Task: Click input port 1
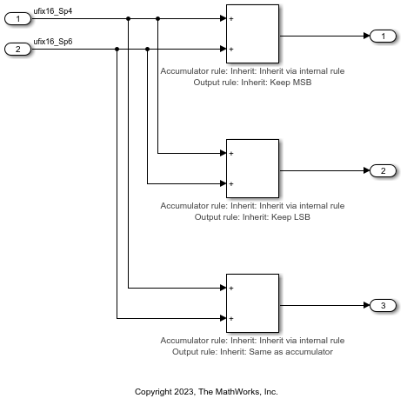(18, 18)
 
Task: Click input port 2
(18, 49)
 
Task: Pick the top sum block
(252, 33)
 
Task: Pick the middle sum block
(252, 168)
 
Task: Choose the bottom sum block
(252, 302)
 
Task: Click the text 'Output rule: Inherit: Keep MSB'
(253, 83)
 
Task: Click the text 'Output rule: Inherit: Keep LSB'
(253, 217)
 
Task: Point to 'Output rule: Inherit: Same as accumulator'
(253, 352)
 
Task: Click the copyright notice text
(206, 392)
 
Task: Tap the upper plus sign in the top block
(232, 18)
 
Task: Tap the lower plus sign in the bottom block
(232, 318)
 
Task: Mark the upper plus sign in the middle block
(232, 153)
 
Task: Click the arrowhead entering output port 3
(365, 305)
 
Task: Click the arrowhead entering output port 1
(365, 36)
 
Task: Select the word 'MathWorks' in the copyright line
(230, 392)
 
